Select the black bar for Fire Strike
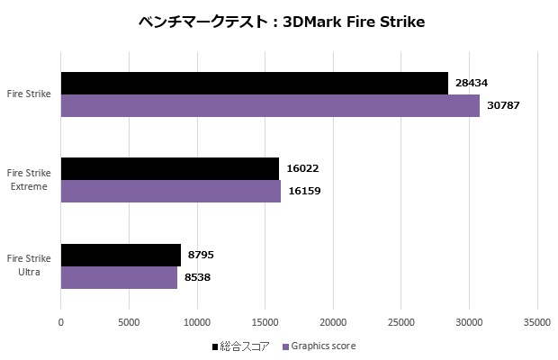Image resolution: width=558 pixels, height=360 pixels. click(254, 83)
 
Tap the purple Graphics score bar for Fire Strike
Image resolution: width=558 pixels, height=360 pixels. click(270, 105)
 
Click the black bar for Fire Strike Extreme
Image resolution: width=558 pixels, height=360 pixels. click(170, 168)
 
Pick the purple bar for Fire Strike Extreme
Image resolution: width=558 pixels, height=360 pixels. click(171, 191)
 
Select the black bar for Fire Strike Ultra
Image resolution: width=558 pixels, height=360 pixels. click(121, 255)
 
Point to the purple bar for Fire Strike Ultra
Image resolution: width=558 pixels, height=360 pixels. click(119, 277)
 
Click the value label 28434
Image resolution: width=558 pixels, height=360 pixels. click(472, 83)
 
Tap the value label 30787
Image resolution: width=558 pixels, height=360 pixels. click(504, 105)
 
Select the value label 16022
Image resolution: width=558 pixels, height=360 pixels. click(302, 168)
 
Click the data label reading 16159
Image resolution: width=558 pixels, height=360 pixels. click(304, 191)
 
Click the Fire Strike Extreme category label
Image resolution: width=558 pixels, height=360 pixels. click(28, 179)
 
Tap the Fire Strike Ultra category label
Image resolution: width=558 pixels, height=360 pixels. click(28, 265)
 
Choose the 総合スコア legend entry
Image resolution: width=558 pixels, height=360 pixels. click(241, 346)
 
